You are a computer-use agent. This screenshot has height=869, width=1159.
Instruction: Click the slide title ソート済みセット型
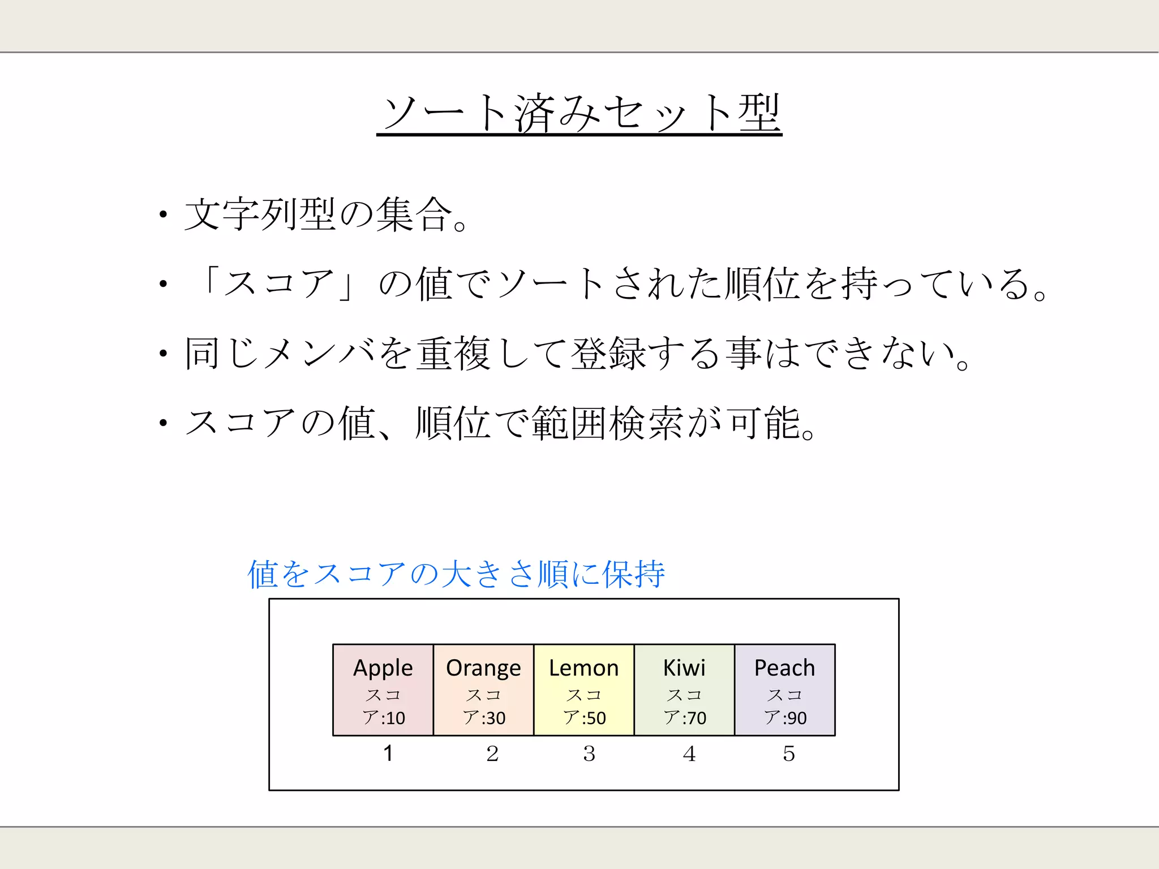coord(579,113)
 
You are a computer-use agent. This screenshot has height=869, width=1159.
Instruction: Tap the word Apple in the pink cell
coord(383,668)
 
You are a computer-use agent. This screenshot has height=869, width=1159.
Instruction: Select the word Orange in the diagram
coord(483,668)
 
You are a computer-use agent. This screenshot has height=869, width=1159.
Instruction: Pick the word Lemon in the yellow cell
coord(583,668)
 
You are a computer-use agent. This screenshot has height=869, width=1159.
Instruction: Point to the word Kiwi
coord(684,668)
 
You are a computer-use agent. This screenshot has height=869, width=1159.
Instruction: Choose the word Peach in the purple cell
coord(784,668)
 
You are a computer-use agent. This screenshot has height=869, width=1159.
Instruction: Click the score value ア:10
coord(384,717)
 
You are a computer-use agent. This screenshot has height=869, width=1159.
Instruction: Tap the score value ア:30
coord(484,717)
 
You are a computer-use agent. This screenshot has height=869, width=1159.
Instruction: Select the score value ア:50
coord(584,717)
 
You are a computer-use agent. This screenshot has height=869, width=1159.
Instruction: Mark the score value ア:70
coord(685,717)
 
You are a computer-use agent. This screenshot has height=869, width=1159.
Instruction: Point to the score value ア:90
coord(785,717)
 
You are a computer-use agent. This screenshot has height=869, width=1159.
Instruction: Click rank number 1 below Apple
coord(388,753)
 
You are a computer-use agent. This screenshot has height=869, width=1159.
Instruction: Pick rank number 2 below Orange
coord(492,754)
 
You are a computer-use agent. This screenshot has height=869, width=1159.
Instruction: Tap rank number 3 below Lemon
coord(589,754)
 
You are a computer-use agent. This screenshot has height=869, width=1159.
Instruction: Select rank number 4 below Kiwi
coord(689,754)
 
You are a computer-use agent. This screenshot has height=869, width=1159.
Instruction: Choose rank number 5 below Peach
coord(789,754)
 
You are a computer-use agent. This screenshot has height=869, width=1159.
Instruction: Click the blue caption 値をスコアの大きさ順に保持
coord(456,574)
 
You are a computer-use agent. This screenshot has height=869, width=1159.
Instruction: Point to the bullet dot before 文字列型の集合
coord(163,214)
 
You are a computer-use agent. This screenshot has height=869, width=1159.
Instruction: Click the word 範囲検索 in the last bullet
coord(607,423)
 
